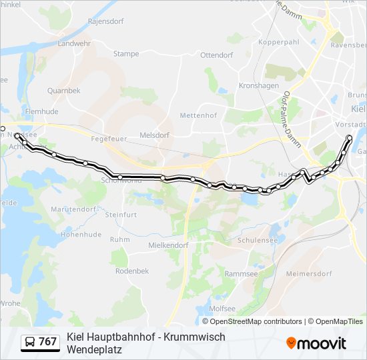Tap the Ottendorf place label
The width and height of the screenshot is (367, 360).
[x=216, y=55]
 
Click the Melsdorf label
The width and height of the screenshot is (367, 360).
[x=153, y=135]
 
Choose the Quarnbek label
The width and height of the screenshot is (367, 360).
[x=63, y=91]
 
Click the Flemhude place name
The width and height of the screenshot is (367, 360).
[x=41, y=111]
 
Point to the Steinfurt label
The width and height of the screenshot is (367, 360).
[x=121, y=215]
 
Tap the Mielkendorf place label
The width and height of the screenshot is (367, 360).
[x=168, y=245]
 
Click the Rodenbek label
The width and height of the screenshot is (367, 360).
[x=131, y=271]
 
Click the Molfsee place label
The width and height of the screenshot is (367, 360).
[x=222, y=309]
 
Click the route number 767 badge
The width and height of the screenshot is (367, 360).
[x=40, y=342]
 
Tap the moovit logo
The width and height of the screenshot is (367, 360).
[x=316, y=343]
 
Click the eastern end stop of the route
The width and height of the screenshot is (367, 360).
[x=349, y=138]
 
